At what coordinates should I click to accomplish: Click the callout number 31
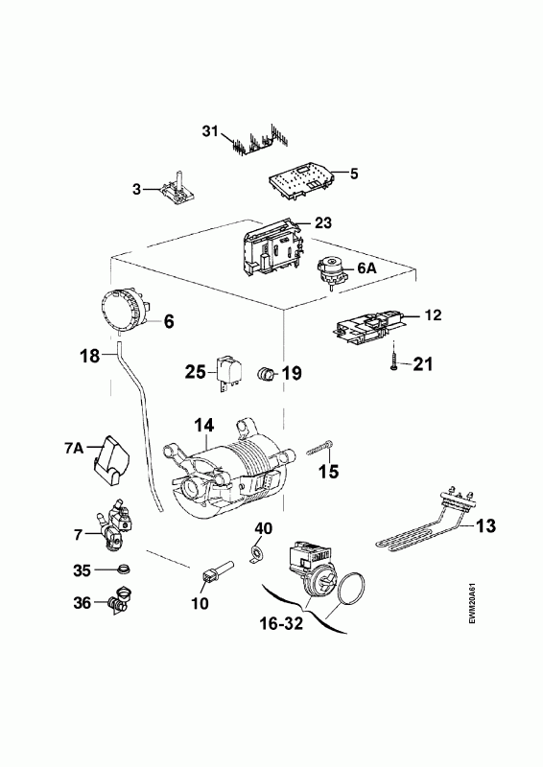click(x=210, y=131)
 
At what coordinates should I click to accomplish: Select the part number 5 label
click(x=354, y=174)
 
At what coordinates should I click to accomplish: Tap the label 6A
click(x=366, y=267)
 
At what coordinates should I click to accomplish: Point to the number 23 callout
click(x=323, y=223)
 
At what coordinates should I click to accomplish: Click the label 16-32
click(x=281, y=624)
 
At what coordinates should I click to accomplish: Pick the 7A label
click(x=75, y=448)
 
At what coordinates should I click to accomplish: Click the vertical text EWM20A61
click(x=472, y=604)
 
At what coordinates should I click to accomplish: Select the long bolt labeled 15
click(x=320, y=449)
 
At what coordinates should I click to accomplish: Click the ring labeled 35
click(x=125, y=569)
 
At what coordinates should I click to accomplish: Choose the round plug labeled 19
click(x=265, y=374)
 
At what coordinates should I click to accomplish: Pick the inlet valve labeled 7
click(x=115, y=524)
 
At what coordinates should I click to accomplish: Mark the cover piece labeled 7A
click(x=110, y=461)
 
